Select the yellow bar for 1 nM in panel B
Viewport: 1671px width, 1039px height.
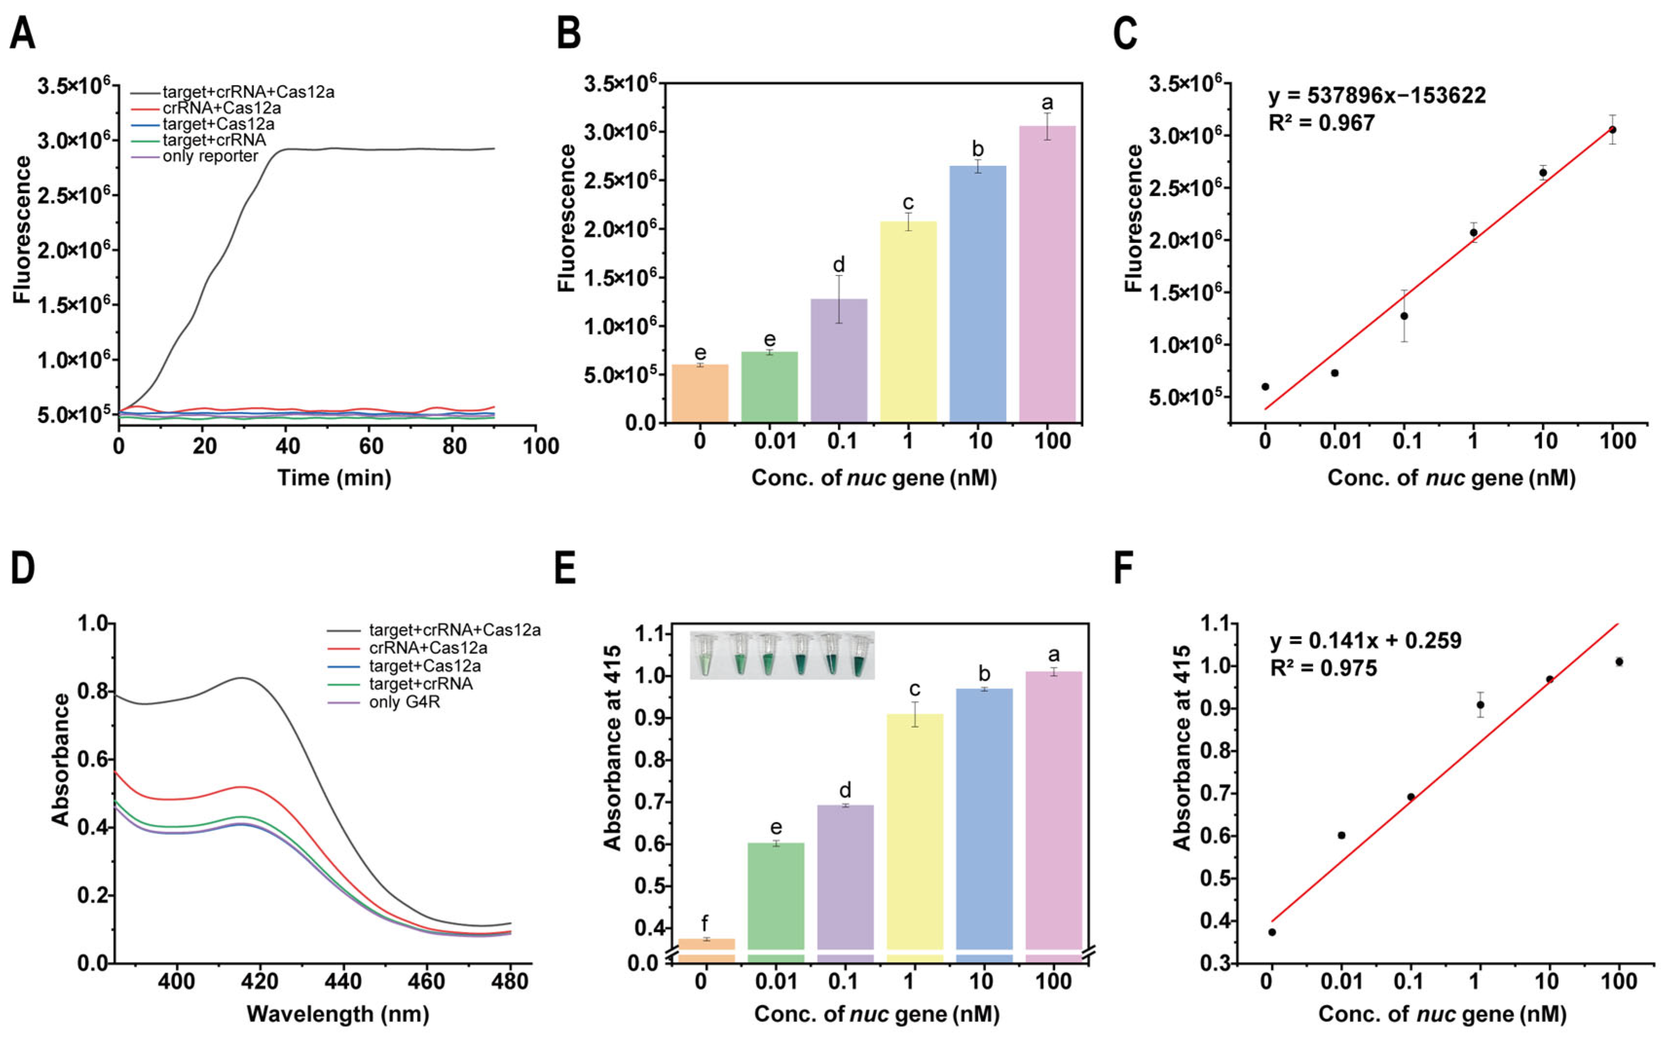pos(908,322)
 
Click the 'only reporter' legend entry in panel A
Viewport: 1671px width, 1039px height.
pos(210,157)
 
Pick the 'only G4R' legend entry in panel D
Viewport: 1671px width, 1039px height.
pos(404,702)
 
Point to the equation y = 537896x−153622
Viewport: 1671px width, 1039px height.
pos(1377,95)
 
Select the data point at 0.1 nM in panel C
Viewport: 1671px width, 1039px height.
pos(1404,316)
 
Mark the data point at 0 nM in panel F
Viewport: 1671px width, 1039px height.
pos(1272,932)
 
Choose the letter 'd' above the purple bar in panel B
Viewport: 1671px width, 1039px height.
pos(839,265)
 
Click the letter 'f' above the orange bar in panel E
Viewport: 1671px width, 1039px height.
pos(705,924)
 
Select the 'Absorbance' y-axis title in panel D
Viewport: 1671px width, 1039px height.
pos(61,759)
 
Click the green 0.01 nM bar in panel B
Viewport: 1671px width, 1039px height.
pos(770,387)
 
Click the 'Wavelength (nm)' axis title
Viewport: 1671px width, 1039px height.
pos(337,1014)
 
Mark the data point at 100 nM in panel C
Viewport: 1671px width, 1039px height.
pos(1613,129)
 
